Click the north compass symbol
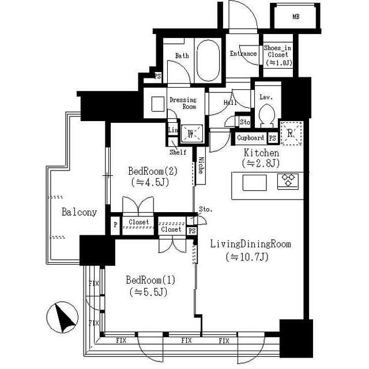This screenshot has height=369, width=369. click(62, 317)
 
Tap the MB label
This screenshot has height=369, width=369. click(296, 17)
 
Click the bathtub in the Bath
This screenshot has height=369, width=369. click(208, 61)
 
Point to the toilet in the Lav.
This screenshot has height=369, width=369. click(266, 115)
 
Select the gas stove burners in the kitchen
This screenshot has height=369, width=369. click(288, 181)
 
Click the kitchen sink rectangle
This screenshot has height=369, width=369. click(254, 182)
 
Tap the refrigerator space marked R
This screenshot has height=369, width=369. click(292, 133)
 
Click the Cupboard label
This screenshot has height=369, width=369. click(250, 138)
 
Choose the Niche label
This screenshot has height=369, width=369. click(201, 165)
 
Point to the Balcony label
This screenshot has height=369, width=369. click(80, 212)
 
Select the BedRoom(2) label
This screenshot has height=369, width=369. click(153, 171)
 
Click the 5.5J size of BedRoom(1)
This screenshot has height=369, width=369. click(148, 292)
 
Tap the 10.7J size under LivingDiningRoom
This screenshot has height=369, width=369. click(247, 257)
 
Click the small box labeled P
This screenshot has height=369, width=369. click(115, 225)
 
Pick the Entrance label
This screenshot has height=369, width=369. click(243, 54)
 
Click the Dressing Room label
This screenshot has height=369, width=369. click(183, 103)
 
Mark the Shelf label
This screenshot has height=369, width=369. click(178, 152)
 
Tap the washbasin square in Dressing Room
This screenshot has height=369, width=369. click(157, 104)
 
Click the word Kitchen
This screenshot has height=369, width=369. click(261, 153)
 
